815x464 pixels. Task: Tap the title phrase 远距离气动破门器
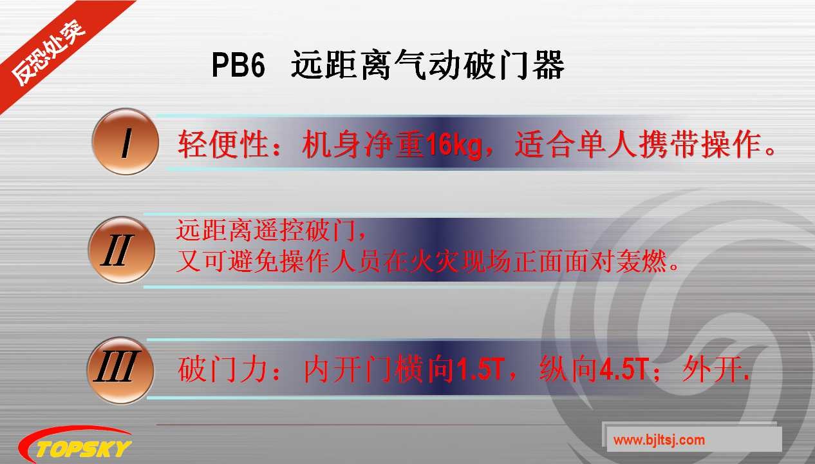point(427,66)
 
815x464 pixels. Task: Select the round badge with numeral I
point(125,141)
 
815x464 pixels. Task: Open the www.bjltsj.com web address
point(659,441)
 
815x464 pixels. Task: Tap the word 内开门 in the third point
point(342,371)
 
